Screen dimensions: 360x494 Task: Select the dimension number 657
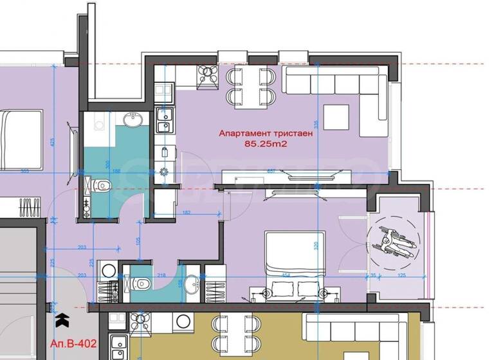tap(271, 172)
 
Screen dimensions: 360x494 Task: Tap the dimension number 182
tap(186, 212)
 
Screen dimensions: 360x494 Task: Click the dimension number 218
tap(161, 275)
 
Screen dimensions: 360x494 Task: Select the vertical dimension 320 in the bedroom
tap(316, 245)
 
